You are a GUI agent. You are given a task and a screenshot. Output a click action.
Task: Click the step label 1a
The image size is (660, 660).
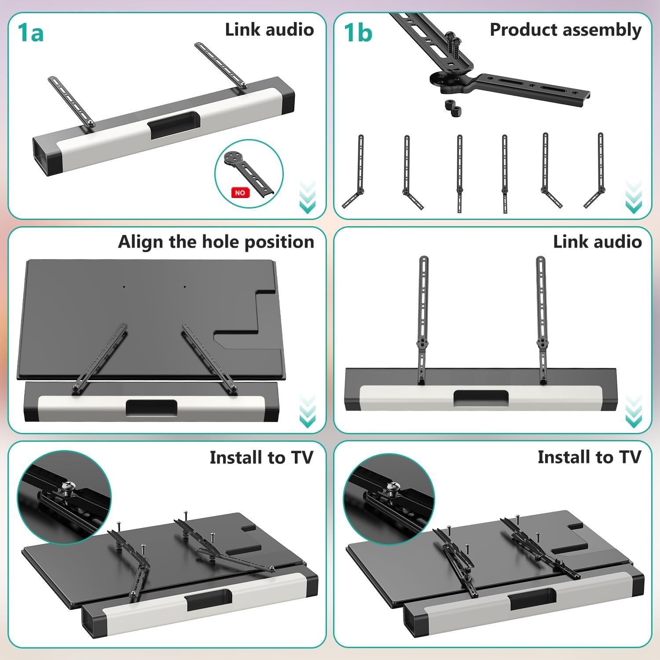click(x=31, y=33)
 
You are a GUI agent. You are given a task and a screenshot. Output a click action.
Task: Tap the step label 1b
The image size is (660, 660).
click(x=358, y=33)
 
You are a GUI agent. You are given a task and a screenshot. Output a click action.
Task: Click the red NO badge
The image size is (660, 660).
click(x=240, y=193)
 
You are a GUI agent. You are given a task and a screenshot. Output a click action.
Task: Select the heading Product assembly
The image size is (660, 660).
click(x=565, y=30)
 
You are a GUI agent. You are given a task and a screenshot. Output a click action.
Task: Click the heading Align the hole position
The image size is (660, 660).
click(x=216, y=242)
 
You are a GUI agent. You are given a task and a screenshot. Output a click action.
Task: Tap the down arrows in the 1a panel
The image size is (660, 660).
click(x=307, y=197)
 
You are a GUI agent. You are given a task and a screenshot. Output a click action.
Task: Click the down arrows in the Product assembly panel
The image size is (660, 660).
click(x=633, y=197)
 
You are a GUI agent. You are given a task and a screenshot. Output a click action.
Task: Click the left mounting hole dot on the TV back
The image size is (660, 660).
click(x=124, y=287)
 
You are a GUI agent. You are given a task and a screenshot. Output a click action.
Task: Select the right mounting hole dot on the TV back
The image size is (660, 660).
click(x=184, y=287)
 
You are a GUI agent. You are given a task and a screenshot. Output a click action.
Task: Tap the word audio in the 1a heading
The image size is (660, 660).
click(x=290, y=30)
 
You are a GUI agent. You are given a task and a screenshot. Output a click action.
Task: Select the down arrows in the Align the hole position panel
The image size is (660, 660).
click(x=307, y=411)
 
